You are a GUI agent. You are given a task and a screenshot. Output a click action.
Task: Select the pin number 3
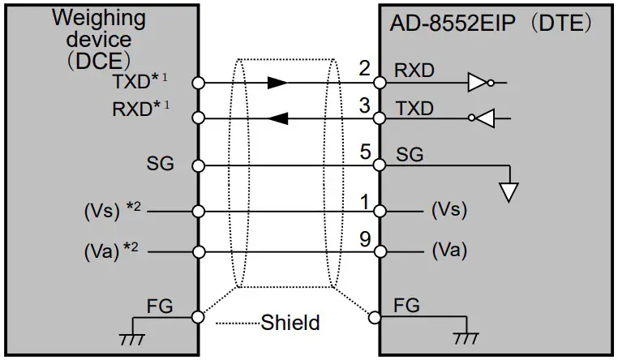pyautogui.click(x=364, y=105)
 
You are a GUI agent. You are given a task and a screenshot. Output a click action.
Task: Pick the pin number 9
pyautogui.click(x=364, y=238)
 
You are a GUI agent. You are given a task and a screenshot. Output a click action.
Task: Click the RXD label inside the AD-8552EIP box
pyautogui.click(x=414, y=71)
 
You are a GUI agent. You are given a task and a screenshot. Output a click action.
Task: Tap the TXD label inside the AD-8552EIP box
pyautogui.click(x=414, y=108)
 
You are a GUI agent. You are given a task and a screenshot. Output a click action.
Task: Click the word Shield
pyautogui.click(x=290, y=323)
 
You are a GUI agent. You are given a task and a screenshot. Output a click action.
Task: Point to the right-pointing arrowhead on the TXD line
pyautogui.click(x=277, y=82)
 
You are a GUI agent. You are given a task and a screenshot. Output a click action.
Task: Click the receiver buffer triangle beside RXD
pyautogui.click(x=479, y=82)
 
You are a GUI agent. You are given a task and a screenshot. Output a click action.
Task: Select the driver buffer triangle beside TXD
pyautogui.click(x=485, y=118)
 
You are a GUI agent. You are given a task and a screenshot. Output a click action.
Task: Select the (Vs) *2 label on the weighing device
pyautogui.click(x=113, y=210)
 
